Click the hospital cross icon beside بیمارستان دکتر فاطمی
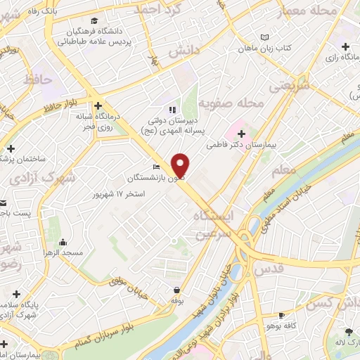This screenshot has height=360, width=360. tap(242, 133)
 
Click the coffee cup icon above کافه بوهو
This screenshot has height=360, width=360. tap(282, 315)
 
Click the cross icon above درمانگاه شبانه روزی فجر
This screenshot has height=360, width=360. tap(99, 103)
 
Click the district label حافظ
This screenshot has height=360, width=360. tap(38, 79)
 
